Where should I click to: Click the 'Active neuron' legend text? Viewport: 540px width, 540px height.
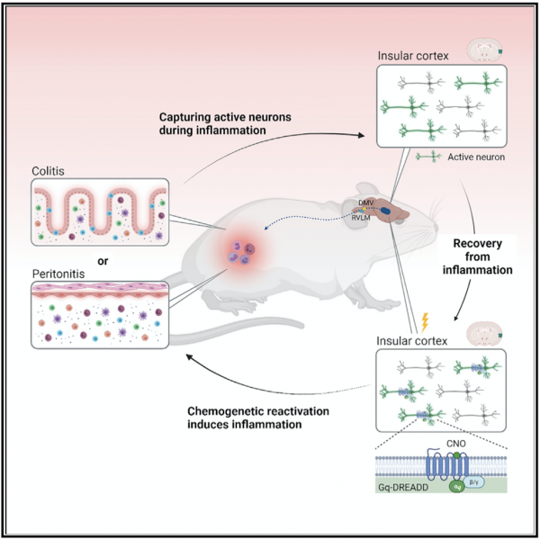474,157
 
